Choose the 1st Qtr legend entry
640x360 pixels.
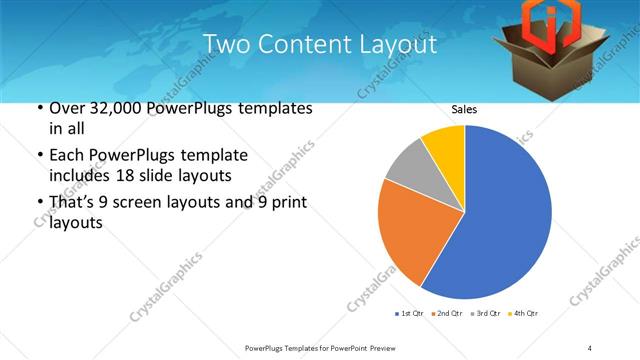411,314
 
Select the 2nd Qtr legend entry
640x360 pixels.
447,314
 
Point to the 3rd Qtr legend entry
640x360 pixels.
486,314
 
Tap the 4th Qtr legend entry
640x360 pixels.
524,314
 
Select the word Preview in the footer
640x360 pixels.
376,347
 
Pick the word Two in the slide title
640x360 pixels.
224,45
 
